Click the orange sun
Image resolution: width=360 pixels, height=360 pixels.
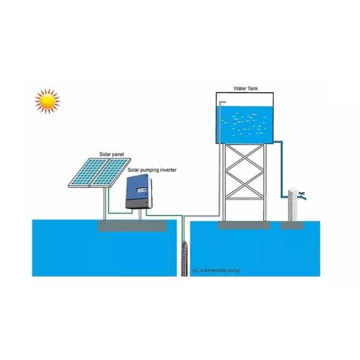tap(47, 101)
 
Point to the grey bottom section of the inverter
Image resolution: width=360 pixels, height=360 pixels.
tap(140, 204)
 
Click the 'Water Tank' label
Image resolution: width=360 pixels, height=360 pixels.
tap(245, 88)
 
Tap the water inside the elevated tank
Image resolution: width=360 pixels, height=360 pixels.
tap(246, 123)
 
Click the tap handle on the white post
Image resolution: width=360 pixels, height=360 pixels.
tap(302, 193)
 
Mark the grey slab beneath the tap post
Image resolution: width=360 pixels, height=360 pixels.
tap(293, 225)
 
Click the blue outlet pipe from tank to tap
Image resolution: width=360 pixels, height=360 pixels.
tap(281, 174)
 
